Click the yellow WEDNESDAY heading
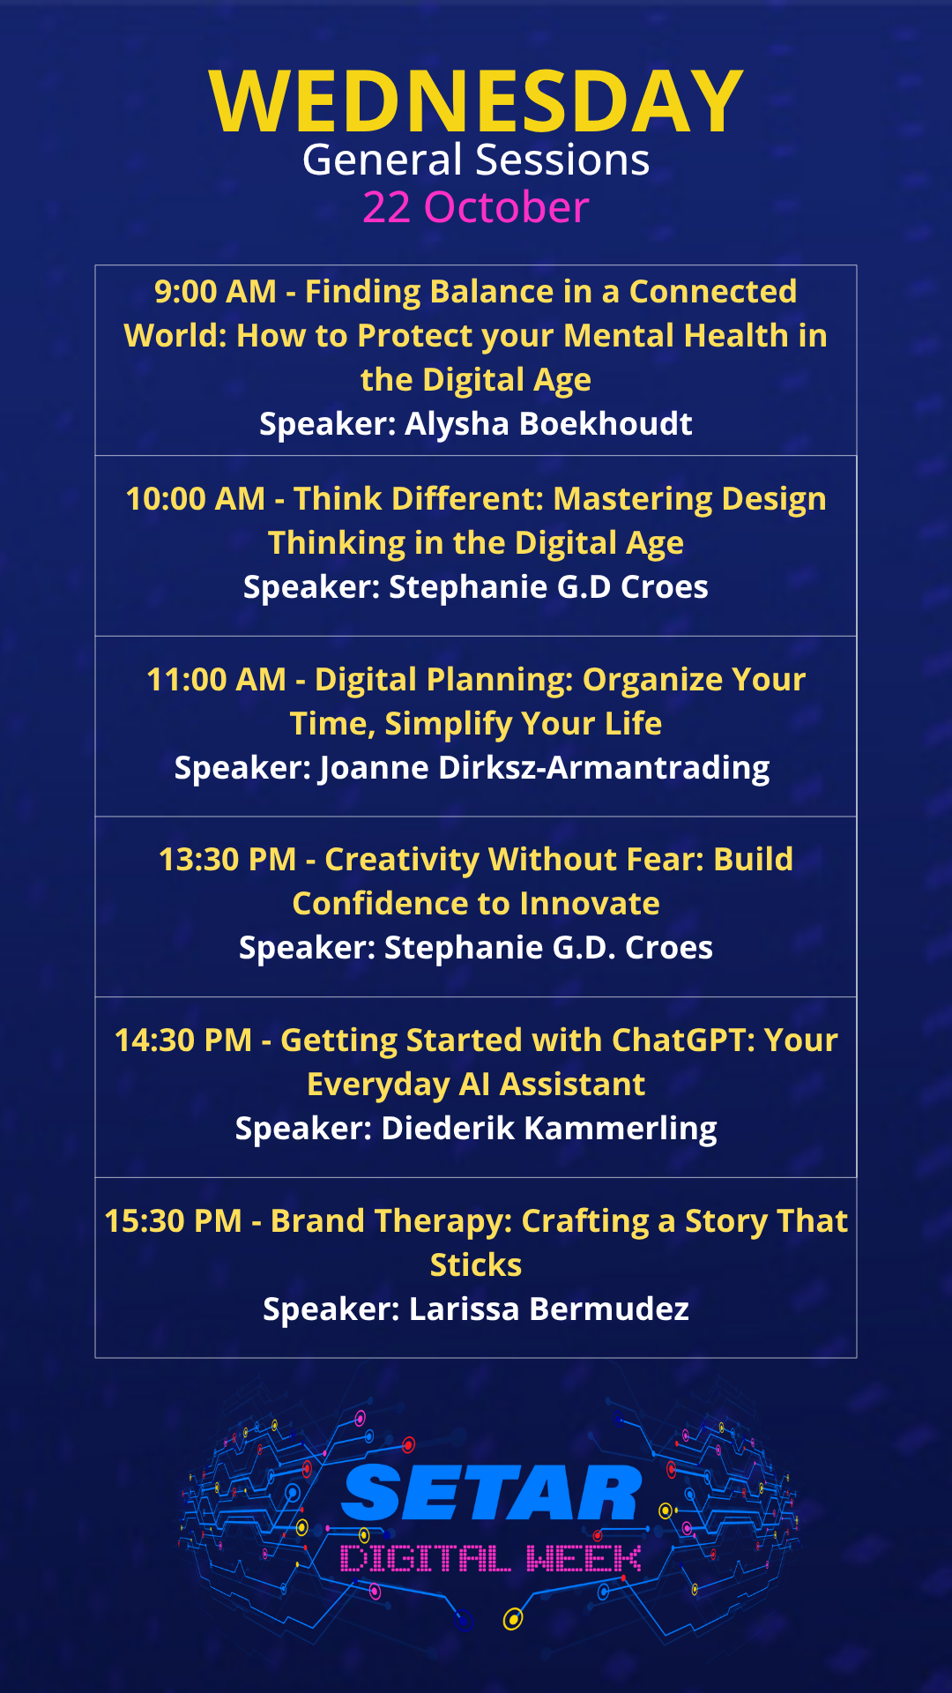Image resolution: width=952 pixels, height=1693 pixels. (x=476, y=101)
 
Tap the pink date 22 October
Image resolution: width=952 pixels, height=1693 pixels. (x=476, y=208)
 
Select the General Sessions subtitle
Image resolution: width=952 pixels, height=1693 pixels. (x=476, y=160)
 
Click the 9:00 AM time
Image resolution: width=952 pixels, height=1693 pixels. (x=215, y=292)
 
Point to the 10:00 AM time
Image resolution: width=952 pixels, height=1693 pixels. (x=195, y=499)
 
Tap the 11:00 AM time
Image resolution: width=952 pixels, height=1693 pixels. (x=216, y=680)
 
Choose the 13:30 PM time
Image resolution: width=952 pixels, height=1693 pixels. (x=227, y=860)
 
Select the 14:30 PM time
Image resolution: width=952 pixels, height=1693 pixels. (x=183, y=1040)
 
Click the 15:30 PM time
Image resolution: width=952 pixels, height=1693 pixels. (x=173, y=1221)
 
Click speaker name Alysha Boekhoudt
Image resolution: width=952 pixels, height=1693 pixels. (x=548, y=424)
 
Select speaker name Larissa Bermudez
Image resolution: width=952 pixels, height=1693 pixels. (x=549, y=1309)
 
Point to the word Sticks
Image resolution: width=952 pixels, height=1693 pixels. (x=476, y=1265)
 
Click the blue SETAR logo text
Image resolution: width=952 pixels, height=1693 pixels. (x=492, y=1493)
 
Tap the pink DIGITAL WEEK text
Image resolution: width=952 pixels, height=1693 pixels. (x=491, y=1559)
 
